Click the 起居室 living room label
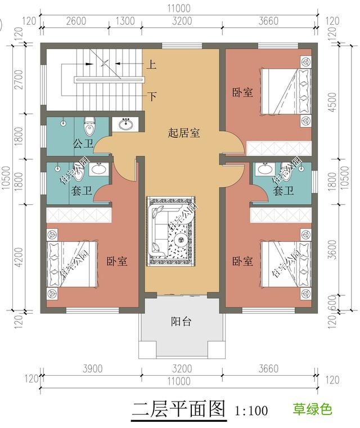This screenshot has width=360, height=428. click(x=184, y=133)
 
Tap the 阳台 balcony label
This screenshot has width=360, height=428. click(x=181, y=322)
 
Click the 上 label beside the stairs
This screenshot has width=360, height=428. click(x=152, y=65)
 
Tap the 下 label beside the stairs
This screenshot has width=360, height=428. click(x=152, y=96)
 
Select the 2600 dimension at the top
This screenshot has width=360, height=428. click(x=76, y=22)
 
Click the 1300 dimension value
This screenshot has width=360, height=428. click(x=124, y=22)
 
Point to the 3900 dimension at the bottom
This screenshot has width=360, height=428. click(x=92, y=369)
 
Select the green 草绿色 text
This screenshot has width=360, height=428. click(x=312, y=409)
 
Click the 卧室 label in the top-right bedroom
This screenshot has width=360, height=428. click(x=242, y=92)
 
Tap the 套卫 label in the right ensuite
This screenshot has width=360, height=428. click(x=283, y=191)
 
